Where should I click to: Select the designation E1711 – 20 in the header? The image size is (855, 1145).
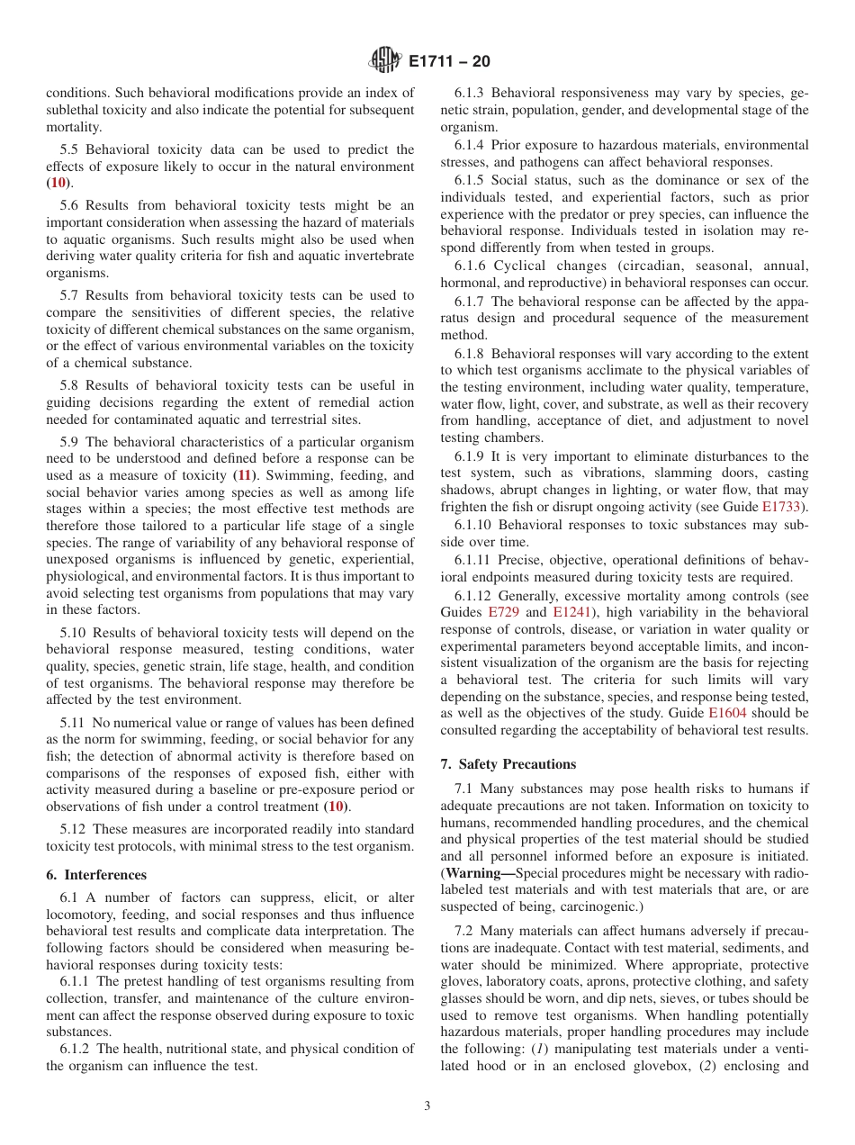(x=449, y=62)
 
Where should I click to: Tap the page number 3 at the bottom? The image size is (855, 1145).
(x=427, y=1106)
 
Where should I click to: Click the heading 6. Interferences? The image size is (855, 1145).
(x=96, y=875)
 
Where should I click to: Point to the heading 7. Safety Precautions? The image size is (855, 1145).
(x=508, y=764)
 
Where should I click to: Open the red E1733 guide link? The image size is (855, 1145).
(x=781, y=507)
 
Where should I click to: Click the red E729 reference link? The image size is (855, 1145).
(x=503, y=612)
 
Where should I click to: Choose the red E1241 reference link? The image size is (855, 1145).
(x=571, y=612)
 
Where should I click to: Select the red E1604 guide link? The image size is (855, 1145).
(x=727, y=712)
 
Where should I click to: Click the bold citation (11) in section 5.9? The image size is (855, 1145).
(x=244, y=474)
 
